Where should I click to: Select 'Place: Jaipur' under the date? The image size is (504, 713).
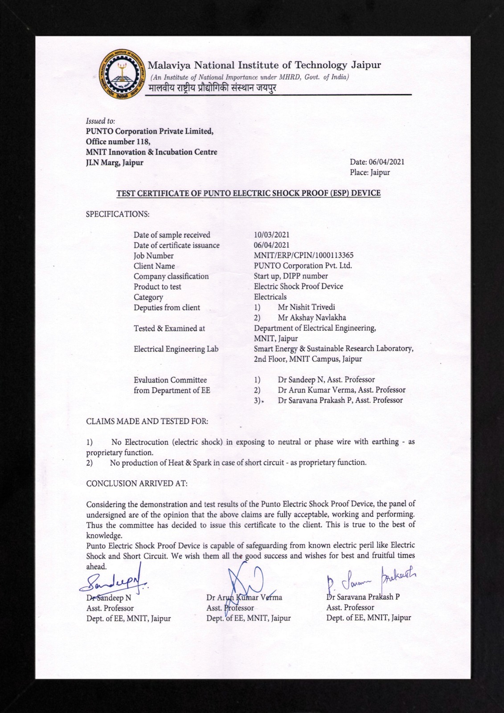[x=370, y=172]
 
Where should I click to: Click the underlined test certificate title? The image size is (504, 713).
[x=248, y=193]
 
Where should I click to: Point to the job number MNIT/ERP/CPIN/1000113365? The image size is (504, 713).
[x=303, y=255]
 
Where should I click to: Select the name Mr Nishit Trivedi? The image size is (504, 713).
[x=306, y=307]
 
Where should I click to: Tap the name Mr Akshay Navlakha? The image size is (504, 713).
[x=311, y=318]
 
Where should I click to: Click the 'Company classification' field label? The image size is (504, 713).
[x=171, y=276]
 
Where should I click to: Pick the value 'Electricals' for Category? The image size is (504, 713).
[x=270, y=297]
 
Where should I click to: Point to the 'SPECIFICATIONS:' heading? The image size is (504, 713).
[x=118, y=214]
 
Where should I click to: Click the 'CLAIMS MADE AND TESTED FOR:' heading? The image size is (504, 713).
[x=147, y=421]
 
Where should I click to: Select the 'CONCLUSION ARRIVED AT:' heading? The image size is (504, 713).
[x=137, y=484]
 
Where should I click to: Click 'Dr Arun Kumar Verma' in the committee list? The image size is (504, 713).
[x=341, y=390]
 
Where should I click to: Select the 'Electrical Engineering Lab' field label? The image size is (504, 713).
[x=176, y=349]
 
